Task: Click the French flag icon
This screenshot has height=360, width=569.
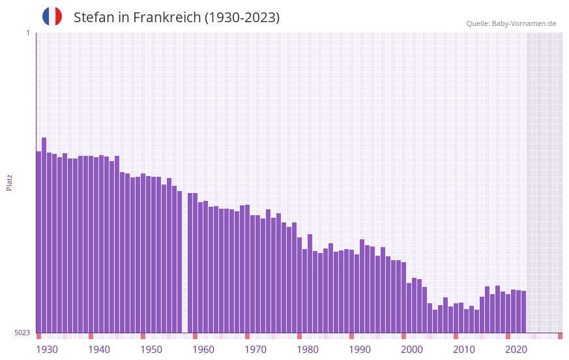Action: coord(52,16)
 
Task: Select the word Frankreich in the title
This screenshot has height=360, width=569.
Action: coord(168,18)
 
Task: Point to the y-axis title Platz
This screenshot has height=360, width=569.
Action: coord(9,182)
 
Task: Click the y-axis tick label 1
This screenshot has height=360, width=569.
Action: coord(27,33)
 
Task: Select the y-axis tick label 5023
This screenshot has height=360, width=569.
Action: coord(22,333)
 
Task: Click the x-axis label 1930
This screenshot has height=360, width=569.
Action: coord(47,350)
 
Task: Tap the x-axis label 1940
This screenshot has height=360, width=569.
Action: coord(99,350)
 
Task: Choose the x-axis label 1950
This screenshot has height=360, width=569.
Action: coord(151,350)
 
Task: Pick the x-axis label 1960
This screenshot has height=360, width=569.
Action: coord(203,350)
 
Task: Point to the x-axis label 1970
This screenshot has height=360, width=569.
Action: coord(255,350)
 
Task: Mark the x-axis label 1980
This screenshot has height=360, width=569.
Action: coord(308,350)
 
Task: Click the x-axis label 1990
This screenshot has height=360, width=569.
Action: coord(360,350)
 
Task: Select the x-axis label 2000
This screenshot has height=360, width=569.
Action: coord(412,350)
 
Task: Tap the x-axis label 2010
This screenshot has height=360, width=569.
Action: coord(464,350)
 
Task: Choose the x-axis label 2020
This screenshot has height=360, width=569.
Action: coord(516,350)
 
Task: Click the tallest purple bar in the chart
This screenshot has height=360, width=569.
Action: coord(44,235)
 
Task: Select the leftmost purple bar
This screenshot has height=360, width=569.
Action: coord(39,241)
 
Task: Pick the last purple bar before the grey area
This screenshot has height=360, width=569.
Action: coord(523,312)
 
